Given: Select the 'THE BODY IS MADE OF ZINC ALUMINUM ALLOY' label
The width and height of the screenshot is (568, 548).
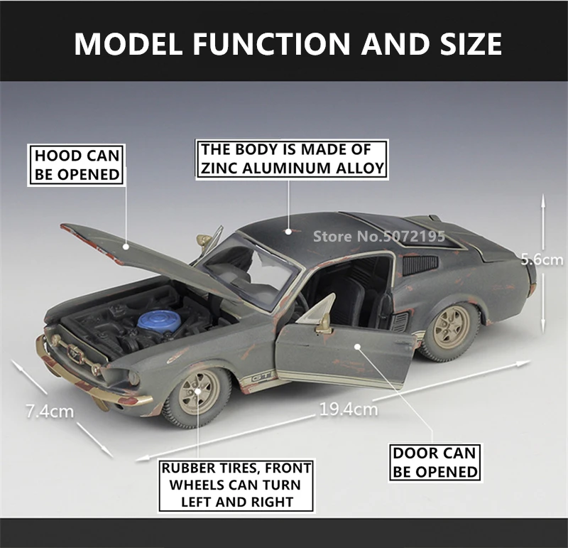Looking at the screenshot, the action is coord(292,159).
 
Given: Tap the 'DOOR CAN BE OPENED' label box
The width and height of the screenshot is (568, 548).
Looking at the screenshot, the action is coord(435,462).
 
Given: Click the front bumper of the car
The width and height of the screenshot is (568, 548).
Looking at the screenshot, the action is coord(92,377).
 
